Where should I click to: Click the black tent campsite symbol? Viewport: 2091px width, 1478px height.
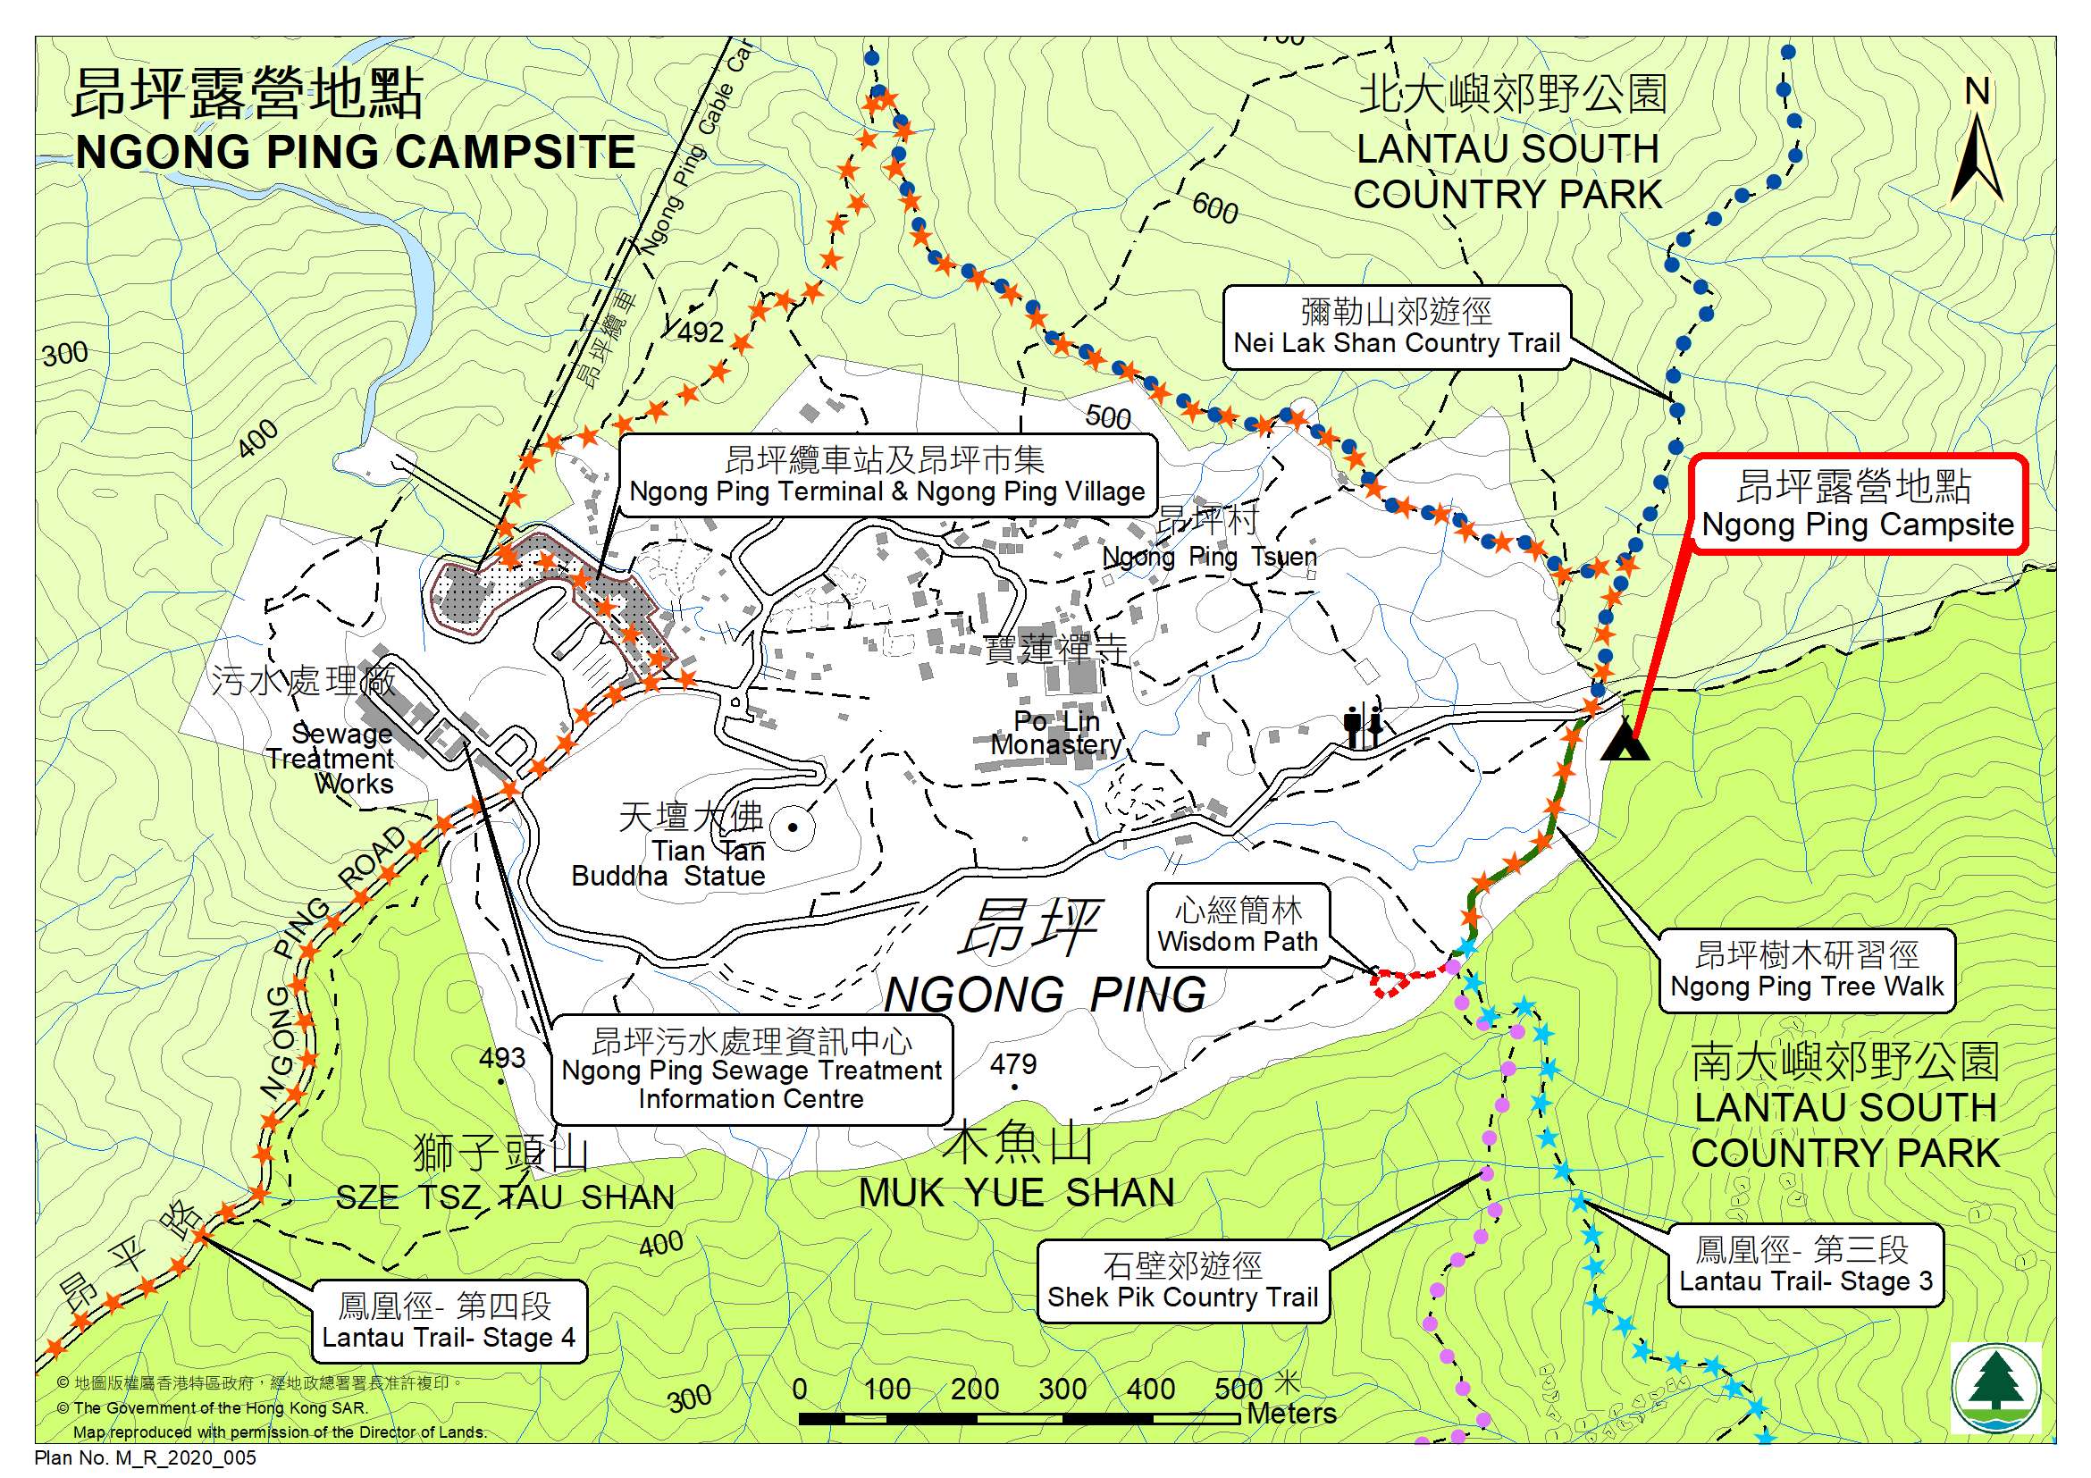point(1625,740)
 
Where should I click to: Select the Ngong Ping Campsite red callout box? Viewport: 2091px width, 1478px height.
point(1858,506)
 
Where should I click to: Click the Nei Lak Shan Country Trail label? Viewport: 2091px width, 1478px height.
point(1396,328)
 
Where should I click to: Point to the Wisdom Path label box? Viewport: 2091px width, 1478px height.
point(1237,926)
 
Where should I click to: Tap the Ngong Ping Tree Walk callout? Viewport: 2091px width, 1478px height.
point(1806,970)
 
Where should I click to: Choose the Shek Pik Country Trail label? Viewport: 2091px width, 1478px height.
point(1182,1281)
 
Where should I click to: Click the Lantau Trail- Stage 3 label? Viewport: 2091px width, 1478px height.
point(1805,1266)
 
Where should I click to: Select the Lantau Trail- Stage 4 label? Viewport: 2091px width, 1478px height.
point(448,1323)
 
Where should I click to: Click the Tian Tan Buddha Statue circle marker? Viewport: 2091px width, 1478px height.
point(794,827)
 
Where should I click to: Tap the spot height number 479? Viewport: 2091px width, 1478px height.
point(1012,1063)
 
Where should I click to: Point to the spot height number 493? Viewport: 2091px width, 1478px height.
point(502,1057)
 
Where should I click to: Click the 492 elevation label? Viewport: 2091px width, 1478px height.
point(701,332)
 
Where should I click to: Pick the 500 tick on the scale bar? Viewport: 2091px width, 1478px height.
point(1238,1390)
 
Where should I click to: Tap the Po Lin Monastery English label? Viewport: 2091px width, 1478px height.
point(1056,733)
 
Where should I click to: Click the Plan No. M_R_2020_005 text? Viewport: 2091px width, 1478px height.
point(146,1458)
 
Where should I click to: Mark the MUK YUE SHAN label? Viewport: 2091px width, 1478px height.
point(1016,1193)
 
